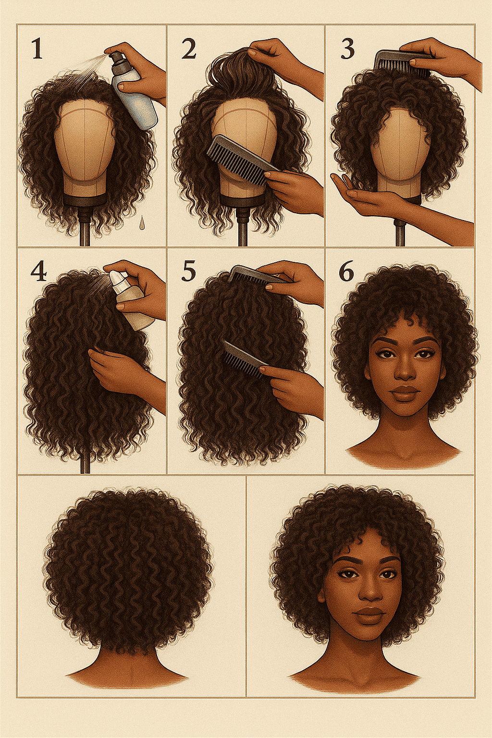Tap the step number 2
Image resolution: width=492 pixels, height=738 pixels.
coord(188,49)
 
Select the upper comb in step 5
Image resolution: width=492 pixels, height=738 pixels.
coord(257,276)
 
